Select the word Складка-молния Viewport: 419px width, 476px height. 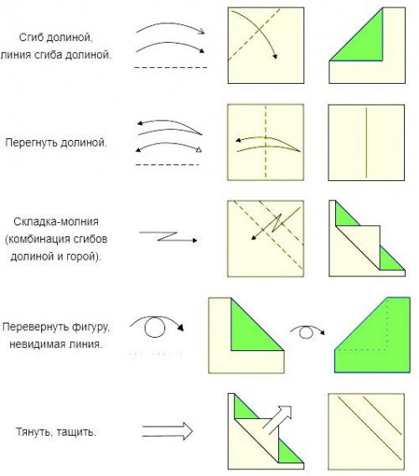(x=56, y=221)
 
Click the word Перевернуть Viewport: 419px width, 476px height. (x=37, y=327)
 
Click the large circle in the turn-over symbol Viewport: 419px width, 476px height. (x=155, y=327)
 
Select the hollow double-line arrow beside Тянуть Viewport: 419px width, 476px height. (x=167, y=431)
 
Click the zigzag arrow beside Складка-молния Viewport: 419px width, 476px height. (x=168, y=237)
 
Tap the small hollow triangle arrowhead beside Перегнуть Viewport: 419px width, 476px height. (x=199, y=149)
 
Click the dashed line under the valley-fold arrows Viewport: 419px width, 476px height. (x=171, y=67)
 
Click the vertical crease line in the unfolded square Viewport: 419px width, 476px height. (x=366, y=142)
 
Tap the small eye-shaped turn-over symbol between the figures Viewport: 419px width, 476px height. (x=307, y=331)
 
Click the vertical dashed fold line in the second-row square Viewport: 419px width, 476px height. (x=266, y=142)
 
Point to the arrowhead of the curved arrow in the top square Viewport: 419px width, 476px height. (x=275, y=56)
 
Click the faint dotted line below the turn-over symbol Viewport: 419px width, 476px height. (x=156, y=354)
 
